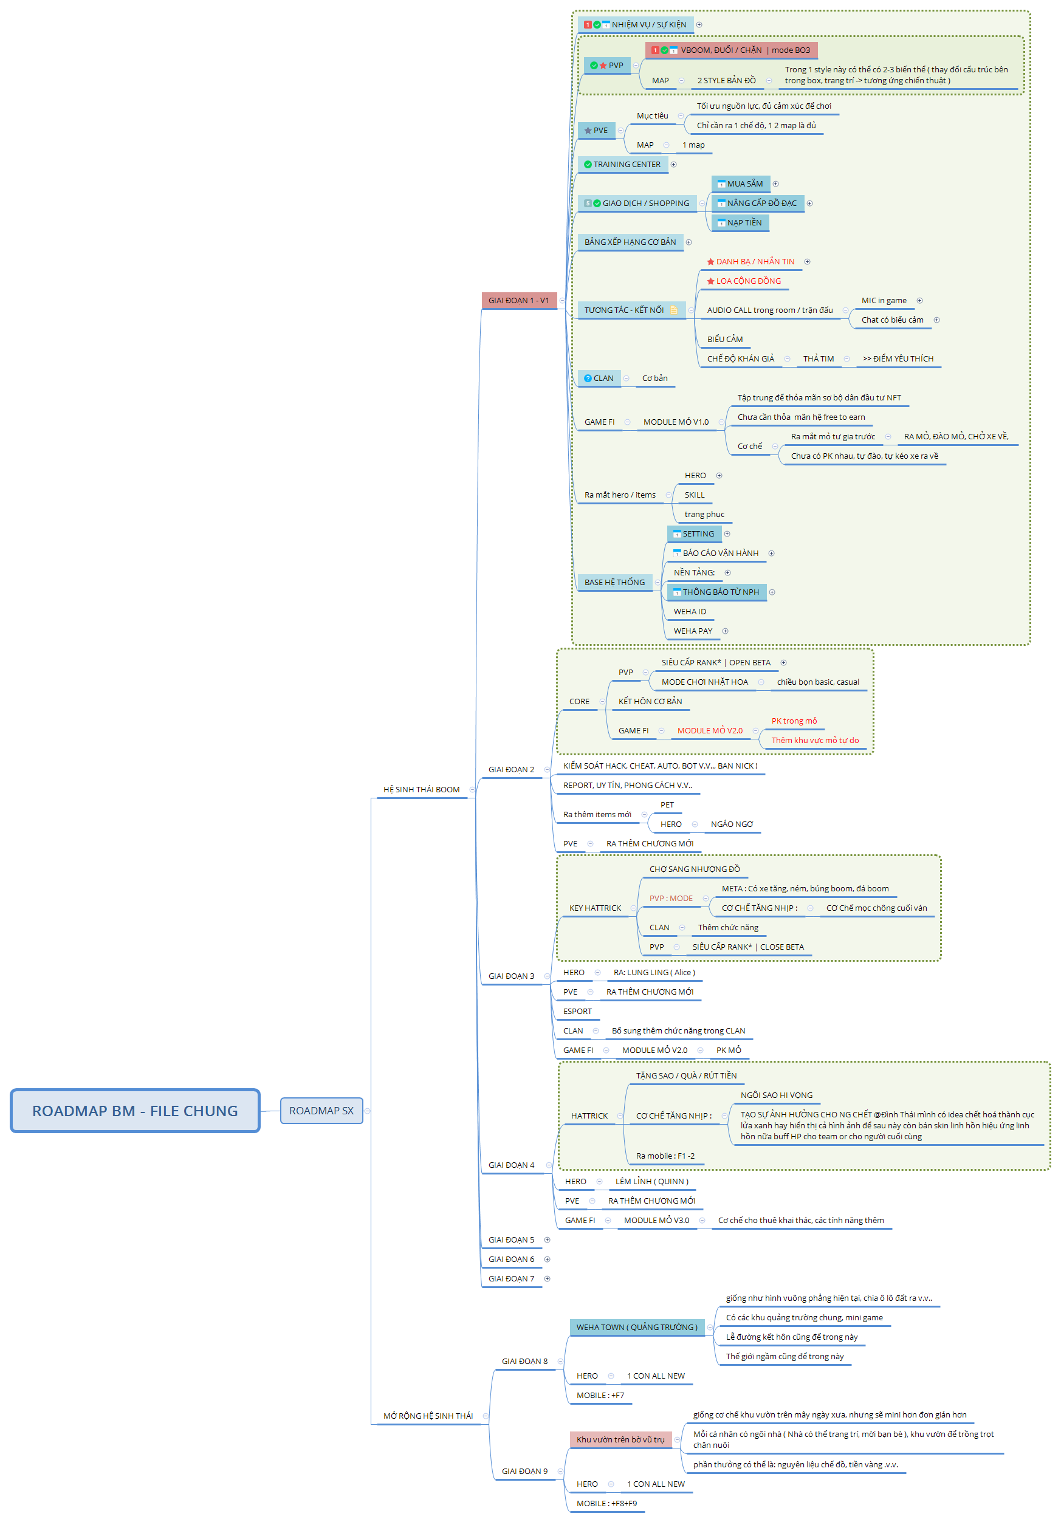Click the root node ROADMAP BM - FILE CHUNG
(x=135, y=1111)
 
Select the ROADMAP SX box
(x=321, y=1111)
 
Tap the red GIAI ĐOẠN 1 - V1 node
(x=518, y=301)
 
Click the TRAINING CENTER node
(x=626, y=165)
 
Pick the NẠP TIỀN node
(x=743, y=224)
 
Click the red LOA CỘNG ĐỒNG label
(x=748, y=282)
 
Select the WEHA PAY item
(x=692, y=632)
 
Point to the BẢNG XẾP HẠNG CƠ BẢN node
(x=630, y=242)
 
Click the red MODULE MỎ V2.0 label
(x=710, y=731)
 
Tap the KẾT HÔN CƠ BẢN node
(x=650, y=702)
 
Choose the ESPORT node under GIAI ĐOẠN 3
(x=577, y=1012)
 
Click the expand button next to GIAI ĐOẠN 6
(x=547, y=1260)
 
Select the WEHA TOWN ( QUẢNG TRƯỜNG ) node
(x=636, y=1328)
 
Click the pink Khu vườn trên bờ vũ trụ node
(x=619, y=1440)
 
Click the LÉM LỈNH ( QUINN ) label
(x=651, y=1182)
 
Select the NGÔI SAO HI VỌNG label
(x=776, y=1095)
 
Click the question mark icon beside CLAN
(x=588, y=379)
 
